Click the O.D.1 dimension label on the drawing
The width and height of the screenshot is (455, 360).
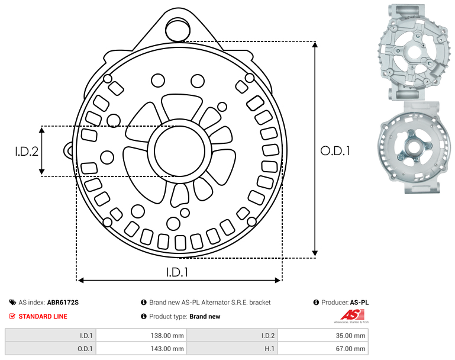[x=335, y=151]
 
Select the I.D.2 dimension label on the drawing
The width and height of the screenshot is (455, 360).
[x=27, y=151]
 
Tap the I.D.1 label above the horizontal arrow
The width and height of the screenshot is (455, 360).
[x=177, y=272]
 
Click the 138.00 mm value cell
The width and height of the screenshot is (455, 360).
[x=141, y=336]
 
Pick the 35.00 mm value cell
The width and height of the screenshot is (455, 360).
[x=323, y=336]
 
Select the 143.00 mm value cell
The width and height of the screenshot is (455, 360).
[x=141, y=348]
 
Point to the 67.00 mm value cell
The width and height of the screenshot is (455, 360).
[x=323, y=348]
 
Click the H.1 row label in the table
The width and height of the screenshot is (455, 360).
[x=269, y=349]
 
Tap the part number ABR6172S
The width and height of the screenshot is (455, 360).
[x=63, y=303]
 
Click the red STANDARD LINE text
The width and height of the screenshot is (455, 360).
[x=43, y=316]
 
